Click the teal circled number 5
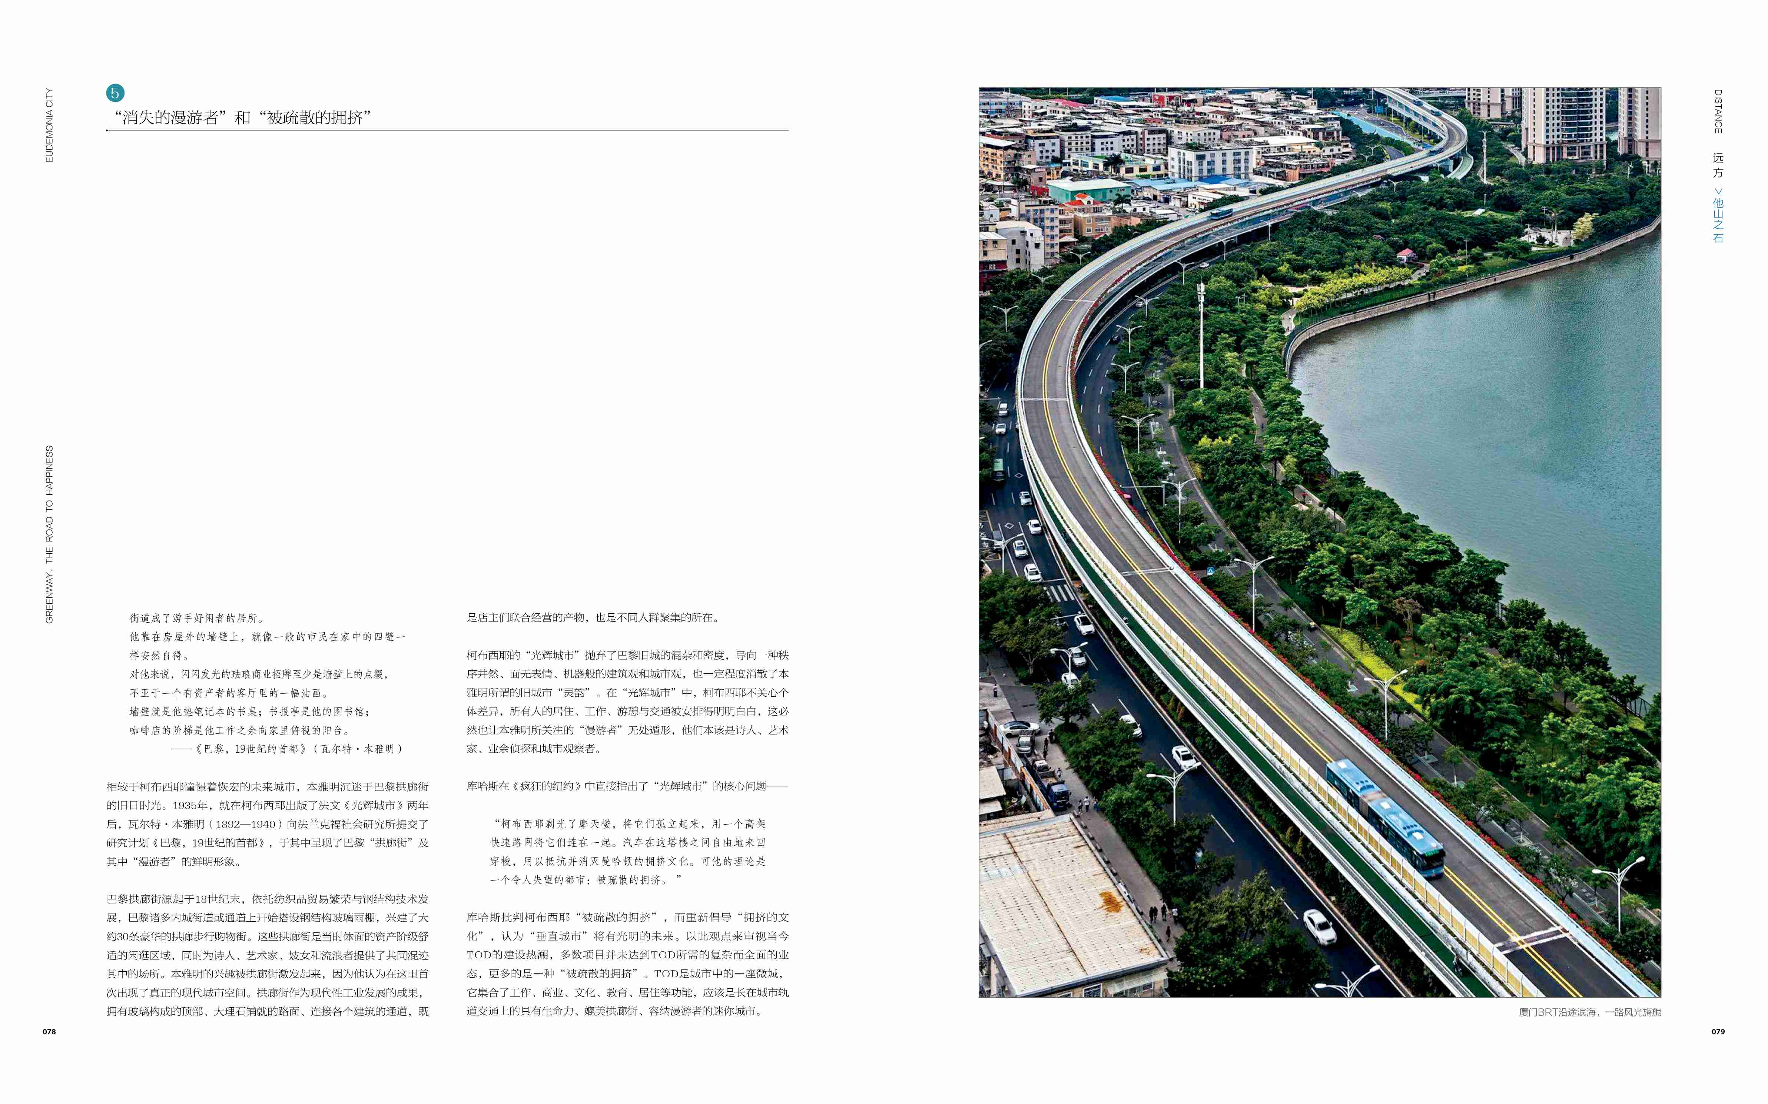coord(115,93)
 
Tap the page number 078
coord(49,1032)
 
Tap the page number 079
coord(1718,1032)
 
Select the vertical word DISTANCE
coord(1718,111)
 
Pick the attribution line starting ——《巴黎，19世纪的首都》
coord(286,749)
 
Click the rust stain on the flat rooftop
coord(1110,903)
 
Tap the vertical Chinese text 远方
coord(1718,165)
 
